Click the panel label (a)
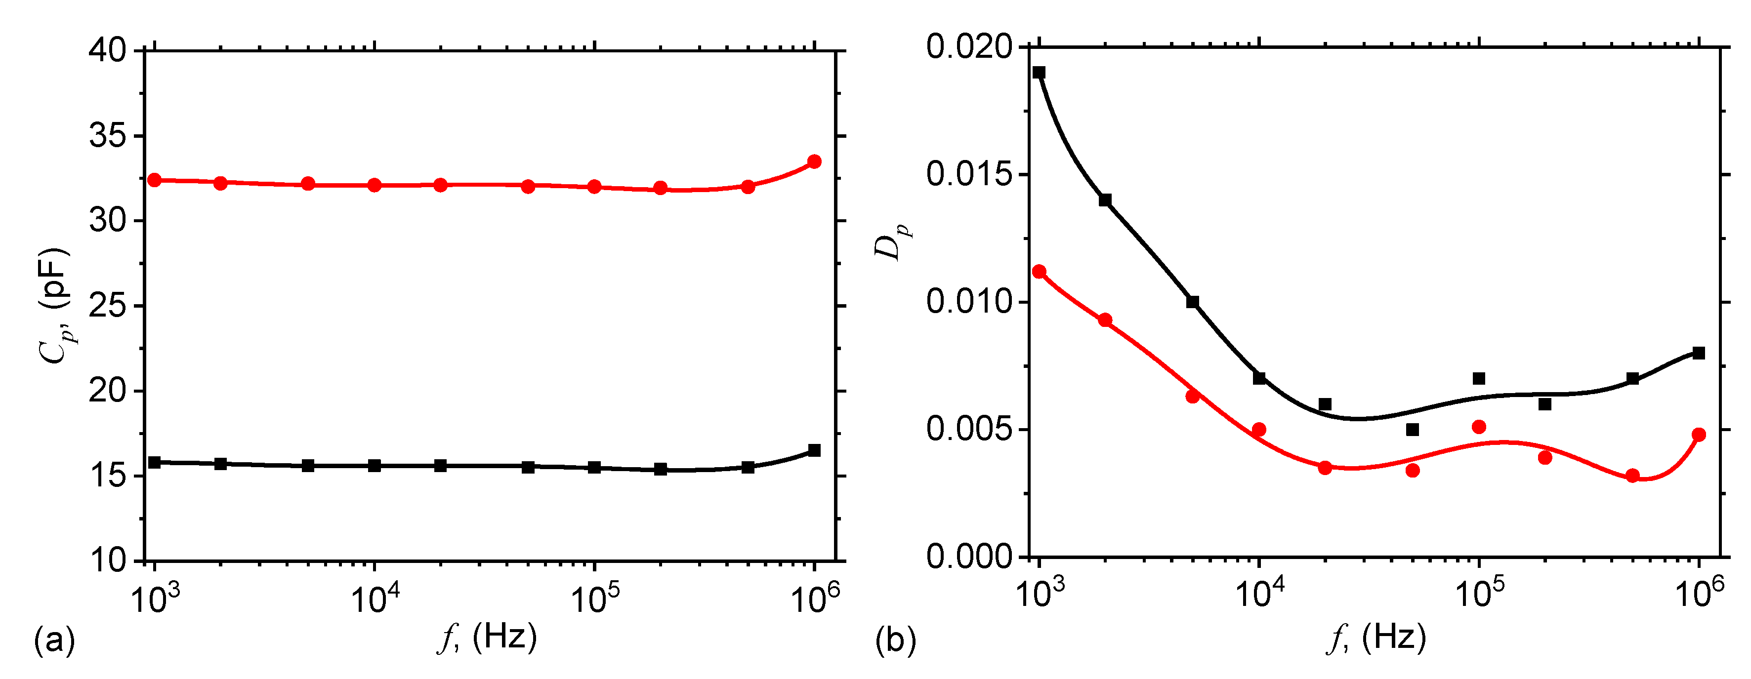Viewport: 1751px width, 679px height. (x=54, y=640)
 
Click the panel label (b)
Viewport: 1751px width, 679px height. (x=895, y=640)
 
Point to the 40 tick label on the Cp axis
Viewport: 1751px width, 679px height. (x=107, y=51)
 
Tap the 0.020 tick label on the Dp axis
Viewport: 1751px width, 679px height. (x=968, y=47)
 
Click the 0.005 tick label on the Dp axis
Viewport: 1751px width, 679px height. (x=968, y=430)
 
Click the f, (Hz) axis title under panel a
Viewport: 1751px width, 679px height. (x=487, y=638)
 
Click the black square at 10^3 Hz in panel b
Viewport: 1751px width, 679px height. (x=1039, y=73)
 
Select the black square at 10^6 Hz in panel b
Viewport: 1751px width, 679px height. (x=1699, y=353)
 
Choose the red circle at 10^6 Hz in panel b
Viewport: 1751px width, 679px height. (x=1699, y=435)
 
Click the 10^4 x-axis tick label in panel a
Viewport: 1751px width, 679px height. (x=375, y=598)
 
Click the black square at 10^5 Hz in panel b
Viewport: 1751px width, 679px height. (x=1479, y=379)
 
